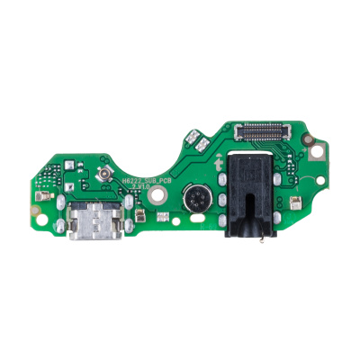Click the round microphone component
click(194, 199)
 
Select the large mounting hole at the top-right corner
click(314, 142)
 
